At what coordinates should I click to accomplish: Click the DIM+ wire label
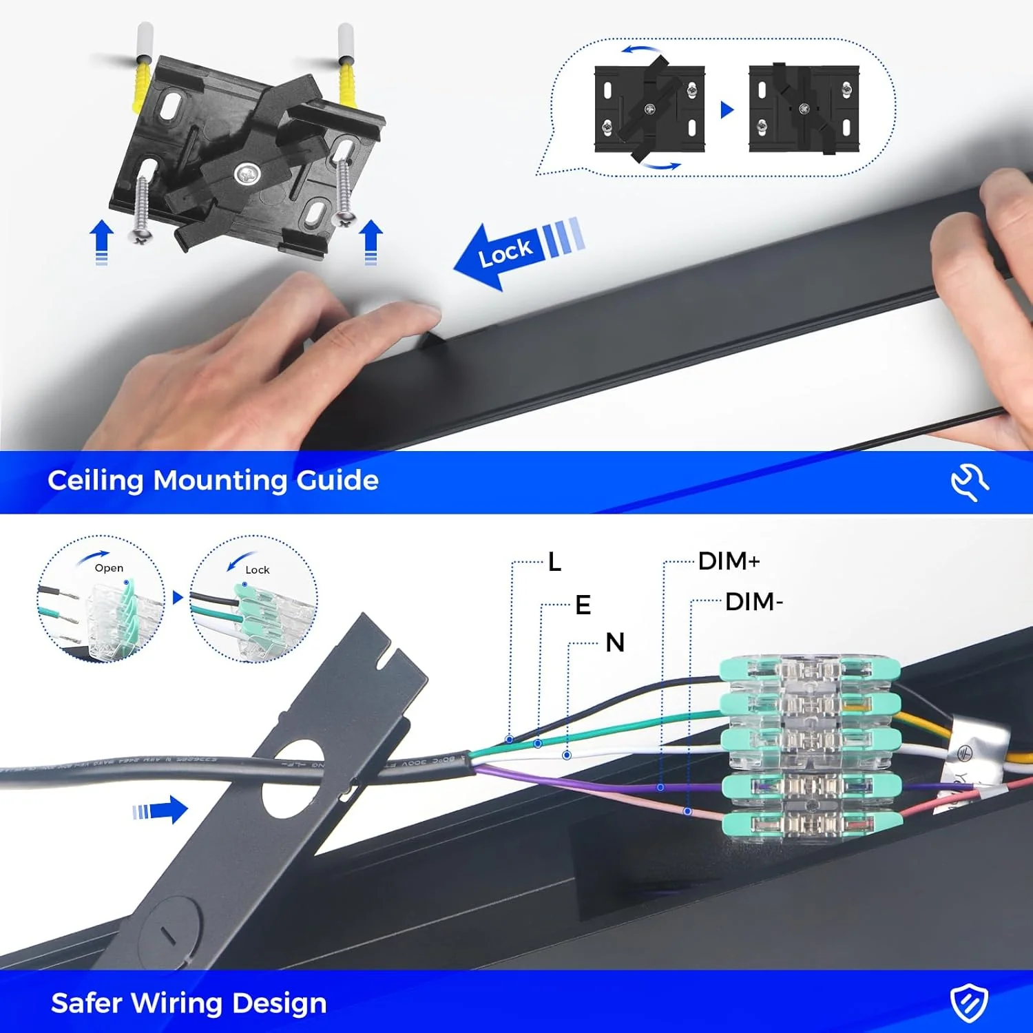tap(729, 561)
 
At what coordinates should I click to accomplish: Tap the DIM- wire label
tap(753, 602)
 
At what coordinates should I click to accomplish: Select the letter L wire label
tap(554, 562)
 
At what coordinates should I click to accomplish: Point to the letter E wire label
tap(583, 605)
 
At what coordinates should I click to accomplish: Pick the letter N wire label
tap(615, 643)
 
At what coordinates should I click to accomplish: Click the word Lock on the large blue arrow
tap(505, 252)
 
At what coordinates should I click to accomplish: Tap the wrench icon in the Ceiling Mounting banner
tap(970, 481)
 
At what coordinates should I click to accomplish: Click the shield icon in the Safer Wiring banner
tap(969, 1003)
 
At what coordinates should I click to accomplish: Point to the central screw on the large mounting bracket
tap(246, 174)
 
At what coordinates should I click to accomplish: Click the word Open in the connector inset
tap(109, 568)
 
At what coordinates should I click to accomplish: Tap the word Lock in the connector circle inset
tap(257, 570)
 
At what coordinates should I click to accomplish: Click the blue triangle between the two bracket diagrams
tap(727, 109)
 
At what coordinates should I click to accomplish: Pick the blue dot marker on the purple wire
tap(660, 787)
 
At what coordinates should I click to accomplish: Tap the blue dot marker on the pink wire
tap(687, 812)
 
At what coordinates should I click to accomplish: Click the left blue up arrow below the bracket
tap(102, 241)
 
